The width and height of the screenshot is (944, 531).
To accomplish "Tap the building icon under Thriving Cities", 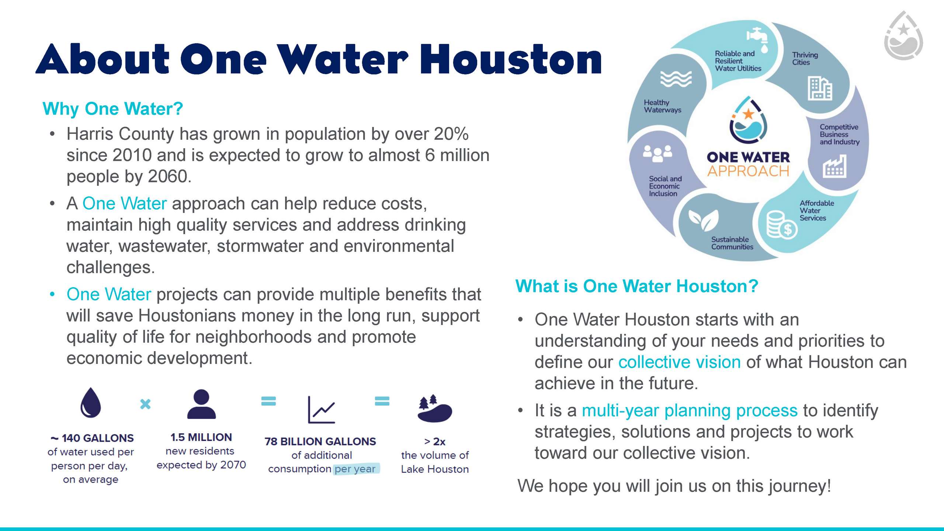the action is [820, 88].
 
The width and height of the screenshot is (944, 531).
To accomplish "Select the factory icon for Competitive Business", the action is [834, 166].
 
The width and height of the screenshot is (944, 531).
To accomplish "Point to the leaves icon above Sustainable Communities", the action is [704, 220].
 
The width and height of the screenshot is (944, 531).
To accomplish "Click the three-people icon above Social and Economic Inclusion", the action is [657, 153].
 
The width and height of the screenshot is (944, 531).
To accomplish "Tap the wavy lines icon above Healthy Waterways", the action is [676, 79].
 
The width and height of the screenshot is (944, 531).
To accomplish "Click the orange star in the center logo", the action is [749, 114].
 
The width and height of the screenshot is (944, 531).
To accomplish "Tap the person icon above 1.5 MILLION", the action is [201, 404].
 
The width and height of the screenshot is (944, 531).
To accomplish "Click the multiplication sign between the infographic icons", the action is [145, 404].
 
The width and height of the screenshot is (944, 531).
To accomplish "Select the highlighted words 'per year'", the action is [355, 469].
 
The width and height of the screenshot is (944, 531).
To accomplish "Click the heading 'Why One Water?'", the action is [113, 109].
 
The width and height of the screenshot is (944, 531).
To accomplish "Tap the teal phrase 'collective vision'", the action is [680, 362].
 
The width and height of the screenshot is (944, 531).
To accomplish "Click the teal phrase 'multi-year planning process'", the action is [690, 411].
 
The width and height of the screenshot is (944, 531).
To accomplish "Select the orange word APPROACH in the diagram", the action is [748, 171].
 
